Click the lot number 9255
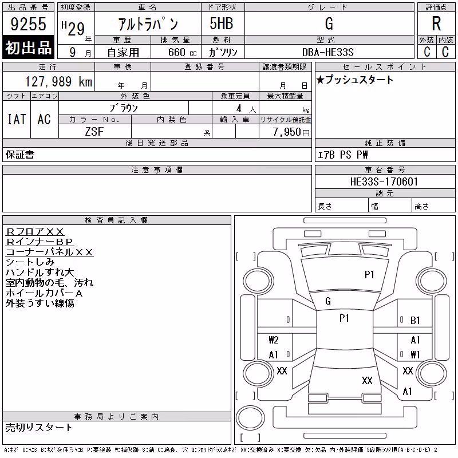(x=28, y=24)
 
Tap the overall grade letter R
(x=436, y=23)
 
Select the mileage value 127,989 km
(x=59, y=81)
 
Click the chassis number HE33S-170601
(x=384, y=181)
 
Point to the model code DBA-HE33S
(x=327, y=52)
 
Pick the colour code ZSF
(x=94, y=132)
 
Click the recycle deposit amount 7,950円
(x=291, y=132)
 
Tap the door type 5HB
(x=222, y=23)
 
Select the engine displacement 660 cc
(x=182, y=52)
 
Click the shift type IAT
(x=17, y=119)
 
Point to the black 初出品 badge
(x=28, y=47)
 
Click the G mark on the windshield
(x=328, y=301)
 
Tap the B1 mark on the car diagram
(x=415, y=321)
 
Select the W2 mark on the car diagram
(x=274, y=339)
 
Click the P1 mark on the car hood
(x=369, y=275)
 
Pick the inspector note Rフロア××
(x=35, y=232)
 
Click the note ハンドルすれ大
(x=40, y=273)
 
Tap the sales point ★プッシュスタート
(x=355, y=80)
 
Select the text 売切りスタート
(x=39, y=428)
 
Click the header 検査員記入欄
(x=116, y=220)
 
